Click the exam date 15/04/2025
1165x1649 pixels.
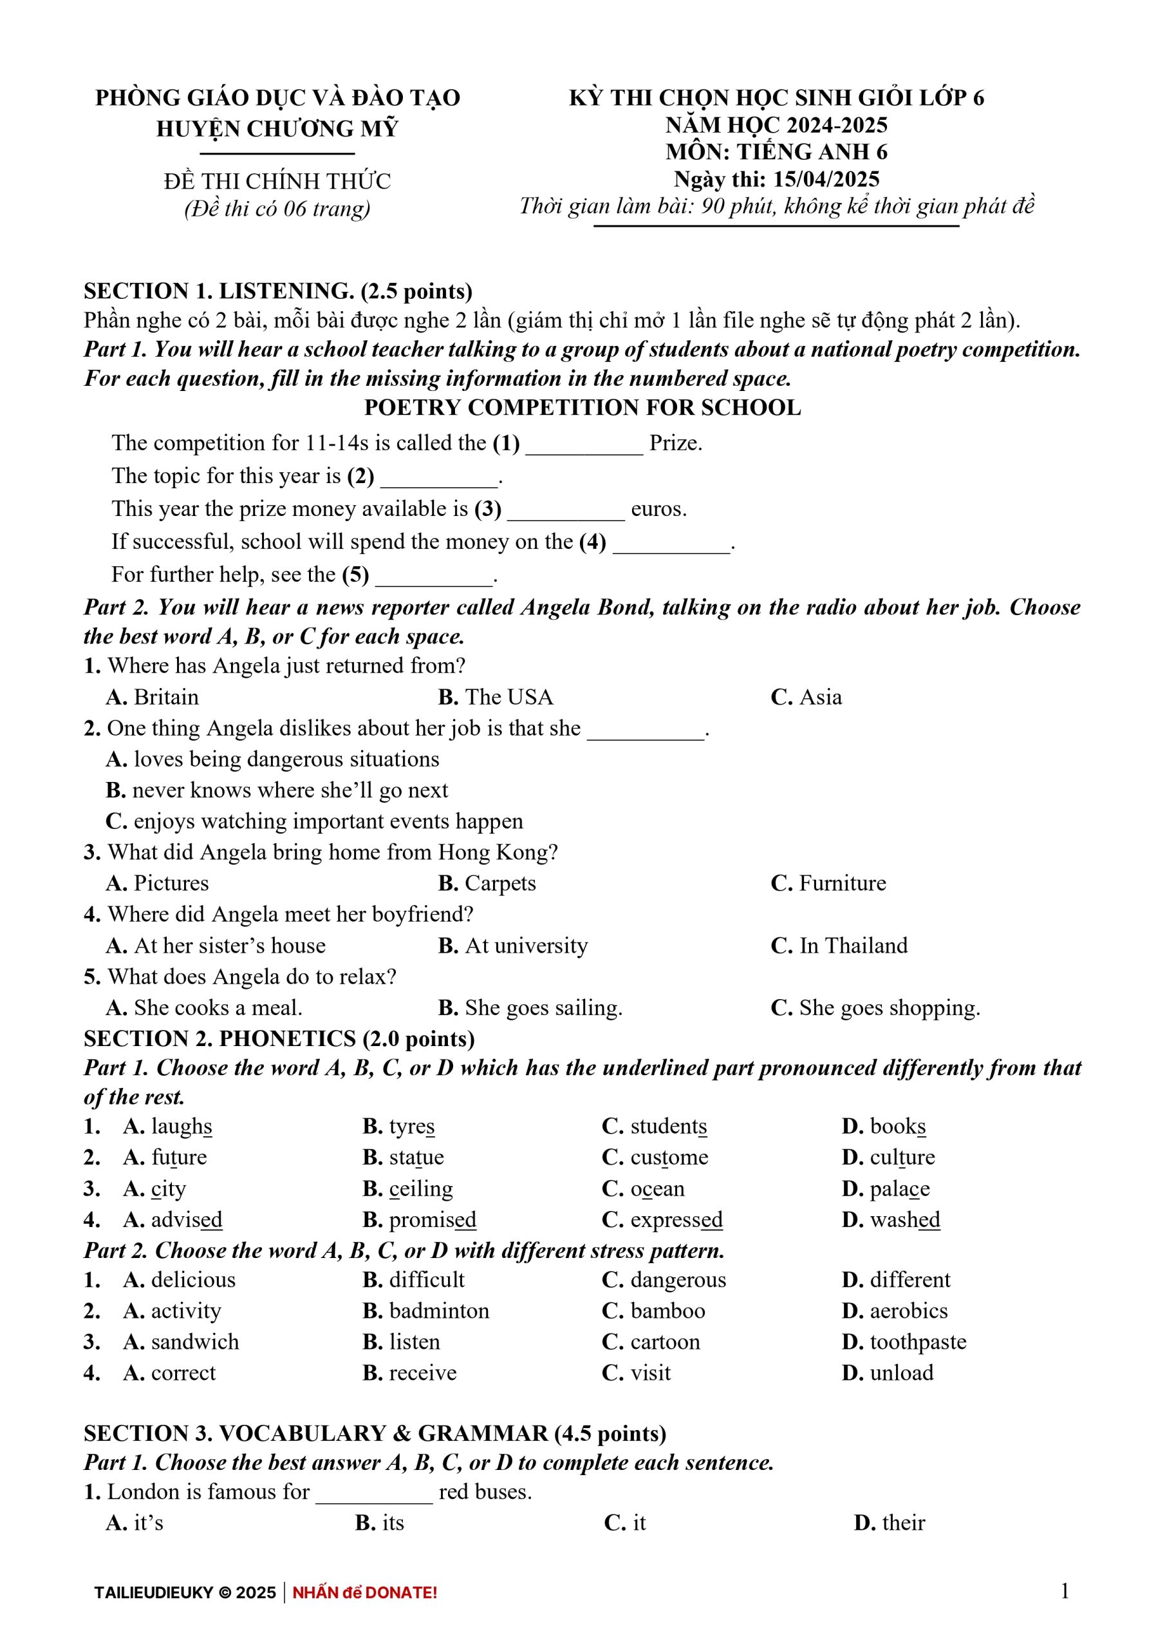(826, 179)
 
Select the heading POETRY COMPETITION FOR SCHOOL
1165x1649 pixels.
(582, 407)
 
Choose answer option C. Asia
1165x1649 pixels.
(806, 697)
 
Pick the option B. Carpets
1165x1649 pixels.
(487, 882)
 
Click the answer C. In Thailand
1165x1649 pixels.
(839, 945)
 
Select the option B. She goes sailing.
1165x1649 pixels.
(530, 1007)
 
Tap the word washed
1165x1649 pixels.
(904, 1219)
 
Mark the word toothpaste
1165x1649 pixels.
(918, 1342)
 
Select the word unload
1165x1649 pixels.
(902, 1373)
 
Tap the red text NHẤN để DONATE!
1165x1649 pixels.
(365, 1592)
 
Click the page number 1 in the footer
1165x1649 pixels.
(1065, 1591)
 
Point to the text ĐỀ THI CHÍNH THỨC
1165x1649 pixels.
(277, 181)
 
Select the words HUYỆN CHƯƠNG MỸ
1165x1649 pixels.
(277, 129)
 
